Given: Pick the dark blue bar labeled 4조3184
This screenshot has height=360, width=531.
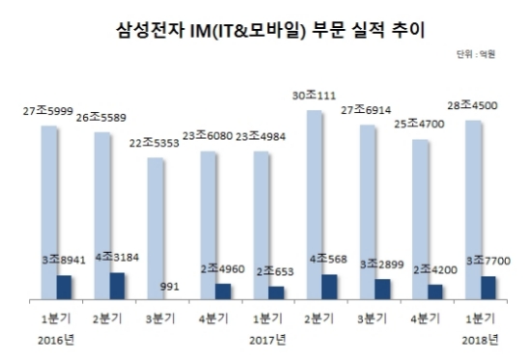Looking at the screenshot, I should pos(117,287).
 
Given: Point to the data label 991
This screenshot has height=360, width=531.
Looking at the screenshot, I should pos(170,287).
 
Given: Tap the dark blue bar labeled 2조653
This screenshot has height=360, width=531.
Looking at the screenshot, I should pos(275,293).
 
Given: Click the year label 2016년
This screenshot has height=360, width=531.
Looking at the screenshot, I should pos(55,340).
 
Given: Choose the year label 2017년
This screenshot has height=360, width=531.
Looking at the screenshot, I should pos(266,340).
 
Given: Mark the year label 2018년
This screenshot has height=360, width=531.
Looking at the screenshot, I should pos(478,340).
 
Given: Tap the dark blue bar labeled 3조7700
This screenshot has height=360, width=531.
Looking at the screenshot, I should pos(488,289).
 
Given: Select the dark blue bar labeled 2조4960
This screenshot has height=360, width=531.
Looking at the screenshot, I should pos(223,292).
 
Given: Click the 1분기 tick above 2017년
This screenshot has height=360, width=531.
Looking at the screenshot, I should pos(267,318).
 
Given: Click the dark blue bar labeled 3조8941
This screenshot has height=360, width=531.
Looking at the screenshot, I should pos(64,288).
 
